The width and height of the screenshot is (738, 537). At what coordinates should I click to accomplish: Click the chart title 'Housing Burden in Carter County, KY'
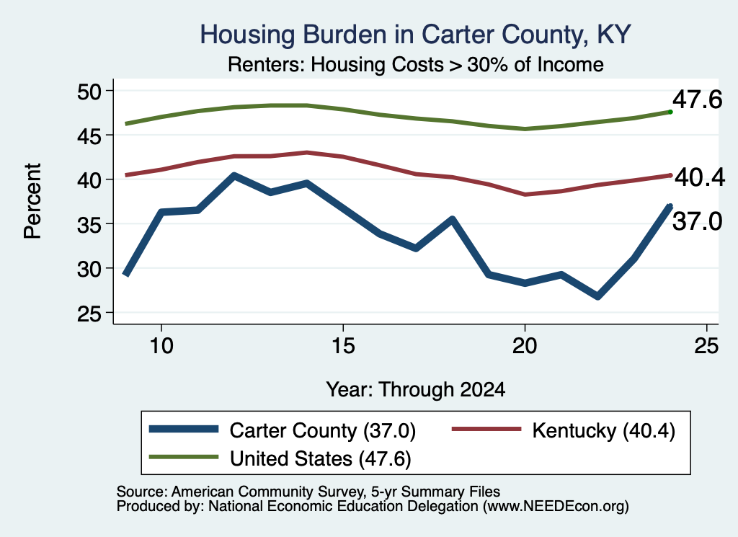tap(415, 35)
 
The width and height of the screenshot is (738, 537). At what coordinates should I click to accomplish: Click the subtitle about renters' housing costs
tap(416, 64)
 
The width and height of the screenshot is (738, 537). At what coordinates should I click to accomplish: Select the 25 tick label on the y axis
tap(89, 314)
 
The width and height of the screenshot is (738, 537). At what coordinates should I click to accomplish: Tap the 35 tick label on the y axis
tap(89, 224)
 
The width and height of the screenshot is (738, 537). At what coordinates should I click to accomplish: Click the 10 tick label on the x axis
tap(161, 346)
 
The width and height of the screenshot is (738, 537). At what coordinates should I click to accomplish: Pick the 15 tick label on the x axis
tap(343, 346)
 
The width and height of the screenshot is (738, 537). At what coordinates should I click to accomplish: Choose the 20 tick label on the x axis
tap(525, 346)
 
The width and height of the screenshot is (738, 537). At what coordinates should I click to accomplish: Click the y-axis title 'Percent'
tap(33, 201)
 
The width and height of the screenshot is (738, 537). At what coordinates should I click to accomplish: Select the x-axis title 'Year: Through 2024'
tap(416, 390)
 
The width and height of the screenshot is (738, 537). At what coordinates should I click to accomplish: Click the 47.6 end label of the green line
tap(697, 99)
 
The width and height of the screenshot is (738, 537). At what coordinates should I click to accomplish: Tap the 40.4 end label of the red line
tap(700, 177)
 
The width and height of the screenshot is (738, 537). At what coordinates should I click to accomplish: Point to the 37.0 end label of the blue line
tap(697, 221)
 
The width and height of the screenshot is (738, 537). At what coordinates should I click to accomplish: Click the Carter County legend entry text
tap(322, 430)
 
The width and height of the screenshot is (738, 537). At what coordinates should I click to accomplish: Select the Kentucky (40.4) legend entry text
tap(603, 430)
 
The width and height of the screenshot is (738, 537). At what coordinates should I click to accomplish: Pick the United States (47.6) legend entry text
tap(320, 458)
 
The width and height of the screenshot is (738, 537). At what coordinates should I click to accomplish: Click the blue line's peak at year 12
tap(234, 176)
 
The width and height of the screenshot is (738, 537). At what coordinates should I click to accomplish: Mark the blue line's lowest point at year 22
tap(597, 296)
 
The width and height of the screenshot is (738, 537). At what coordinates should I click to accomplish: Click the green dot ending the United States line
tap(670, 112)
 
